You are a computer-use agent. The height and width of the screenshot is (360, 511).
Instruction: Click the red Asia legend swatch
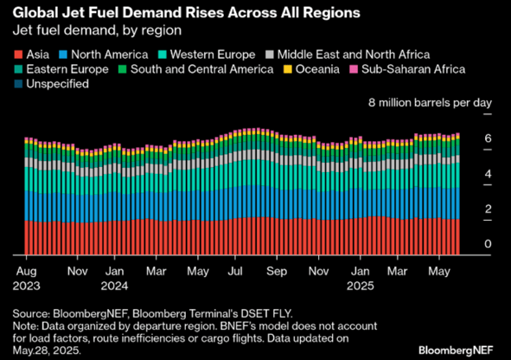point(18,52)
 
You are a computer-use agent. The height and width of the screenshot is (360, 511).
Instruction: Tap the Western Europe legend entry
point(220,52)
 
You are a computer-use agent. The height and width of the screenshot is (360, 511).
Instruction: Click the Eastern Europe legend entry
point(60,68)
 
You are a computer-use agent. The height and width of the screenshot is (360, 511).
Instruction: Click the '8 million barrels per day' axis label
point(430,103)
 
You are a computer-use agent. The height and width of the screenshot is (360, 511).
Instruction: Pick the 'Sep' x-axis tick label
point(277,270)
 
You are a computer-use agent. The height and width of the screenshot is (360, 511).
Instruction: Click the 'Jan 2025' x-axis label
point(358,276)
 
